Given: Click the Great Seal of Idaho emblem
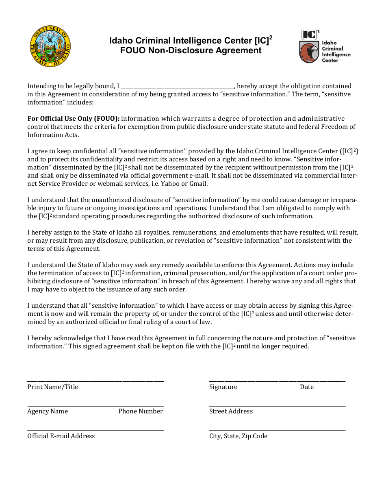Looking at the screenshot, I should pos(50,46).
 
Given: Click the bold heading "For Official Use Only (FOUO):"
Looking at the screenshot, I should pos(74,119).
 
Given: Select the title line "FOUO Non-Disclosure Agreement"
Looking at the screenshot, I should pos(191,51).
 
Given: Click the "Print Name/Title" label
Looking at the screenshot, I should pos(52,387).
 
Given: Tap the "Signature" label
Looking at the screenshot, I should pos(223,387).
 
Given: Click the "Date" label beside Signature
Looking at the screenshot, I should pos(307,387).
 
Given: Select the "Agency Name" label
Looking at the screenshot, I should pos(48,411).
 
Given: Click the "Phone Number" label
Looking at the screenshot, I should pos(141,411).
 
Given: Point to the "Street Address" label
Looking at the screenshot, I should pos(231,411).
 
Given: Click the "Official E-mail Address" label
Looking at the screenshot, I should pos(61,436).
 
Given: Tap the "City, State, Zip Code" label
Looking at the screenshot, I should pos(238,436).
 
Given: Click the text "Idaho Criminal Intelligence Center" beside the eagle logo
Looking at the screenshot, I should pos(336,52).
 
